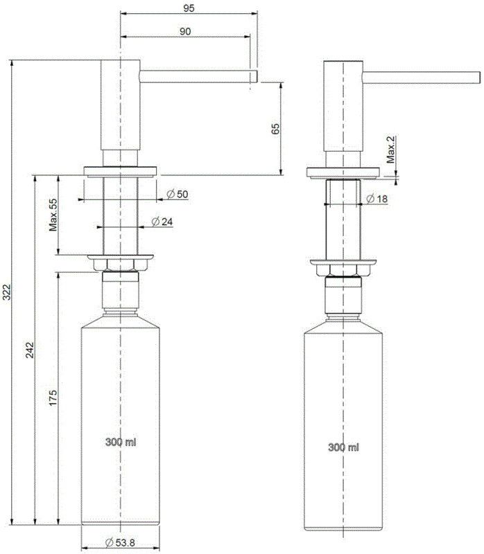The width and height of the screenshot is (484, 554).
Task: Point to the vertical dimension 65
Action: point(275,129)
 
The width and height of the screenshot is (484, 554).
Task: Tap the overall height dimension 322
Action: point(7,293)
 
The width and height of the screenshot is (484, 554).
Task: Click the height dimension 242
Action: point(29,350)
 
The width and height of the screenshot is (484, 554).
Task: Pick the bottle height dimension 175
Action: point(53,397)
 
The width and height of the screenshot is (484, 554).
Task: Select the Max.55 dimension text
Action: point(53,215)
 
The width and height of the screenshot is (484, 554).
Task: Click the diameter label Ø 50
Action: point(178,195)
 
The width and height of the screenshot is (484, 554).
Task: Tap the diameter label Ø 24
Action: point(162,222)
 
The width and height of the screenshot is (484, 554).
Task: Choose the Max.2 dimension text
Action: point(391,150)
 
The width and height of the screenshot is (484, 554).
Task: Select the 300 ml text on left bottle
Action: point(120,441)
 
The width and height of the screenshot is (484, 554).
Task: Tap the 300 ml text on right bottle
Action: point(344,447)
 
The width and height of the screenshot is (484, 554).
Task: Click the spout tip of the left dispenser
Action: point(253,75)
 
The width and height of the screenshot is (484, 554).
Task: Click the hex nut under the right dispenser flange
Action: point(343,272)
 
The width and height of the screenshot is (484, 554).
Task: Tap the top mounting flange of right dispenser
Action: point(343,172)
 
